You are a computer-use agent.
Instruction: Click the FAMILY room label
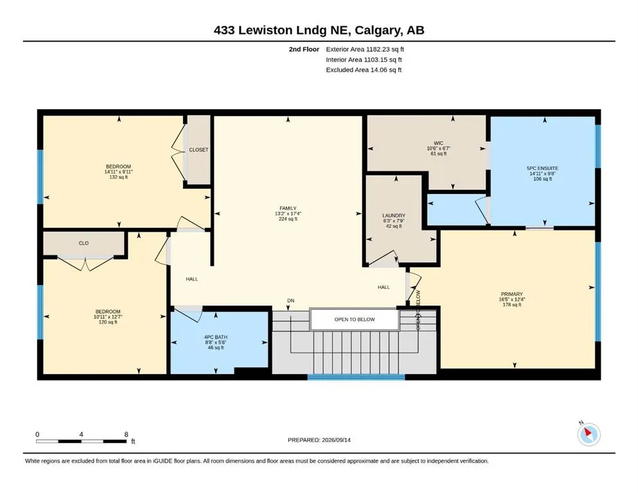(288, 208)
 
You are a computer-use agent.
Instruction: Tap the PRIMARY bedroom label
(512, 294)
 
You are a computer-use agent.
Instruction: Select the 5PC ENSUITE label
(542, 168)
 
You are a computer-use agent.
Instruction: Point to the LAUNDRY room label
(394, 216)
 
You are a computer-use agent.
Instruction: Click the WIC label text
(438, 143)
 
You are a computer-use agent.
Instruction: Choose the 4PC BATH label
(216, 337)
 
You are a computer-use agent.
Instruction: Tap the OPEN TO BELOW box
(355, 320)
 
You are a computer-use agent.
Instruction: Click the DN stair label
(290, 301)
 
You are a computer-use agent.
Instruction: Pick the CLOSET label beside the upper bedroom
(199, 150)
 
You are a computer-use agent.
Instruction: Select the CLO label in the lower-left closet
(84, 243)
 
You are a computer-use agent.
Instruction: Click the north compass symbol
(589, 434)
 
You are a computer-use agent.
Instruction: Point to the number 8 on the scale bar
(126, 434)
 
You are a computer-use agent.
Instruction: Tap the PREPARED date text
(319, 440)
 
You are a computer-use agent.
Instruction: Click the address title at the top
(319, 30)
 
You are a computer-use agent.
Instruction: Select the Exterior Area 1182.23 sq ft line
(365, 49)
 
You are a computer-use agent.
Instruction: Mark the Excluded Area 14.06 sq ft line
(364, 69)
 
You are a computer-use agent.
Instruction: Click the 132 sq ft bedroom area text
(118, 177)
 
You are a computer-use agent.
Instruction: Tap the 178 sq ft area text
(512, 304)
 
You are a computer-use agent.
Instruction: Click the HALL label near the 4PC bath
(191, 279)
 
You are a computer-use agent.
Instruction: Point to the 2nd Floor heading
(304, 49)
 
